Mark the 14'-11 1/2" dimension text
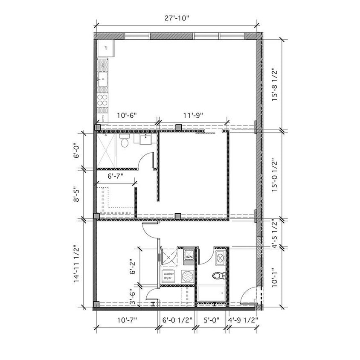(77, 264)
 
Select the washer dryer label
(169, 276)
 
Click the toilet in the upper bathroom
(125, 142)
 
